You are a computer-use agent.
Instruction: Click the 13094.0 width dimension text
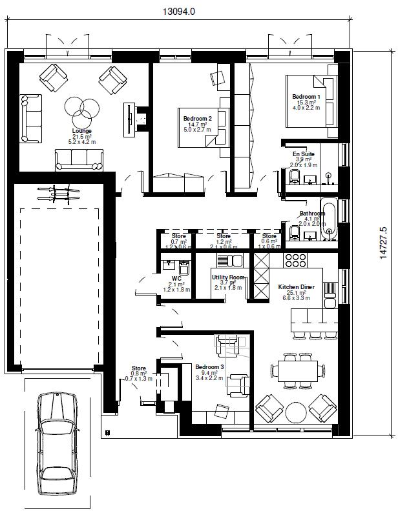(x=178, y=11)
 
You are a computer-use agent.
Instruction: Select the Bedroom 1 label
(x=303, y=96)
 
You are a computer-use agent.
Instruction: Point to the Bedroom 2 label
(x=197, y=119)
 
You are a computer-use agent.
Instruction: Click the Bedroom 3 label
(x=209, y=367)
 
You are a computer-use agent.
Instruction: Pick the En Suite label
(x=303, y=154)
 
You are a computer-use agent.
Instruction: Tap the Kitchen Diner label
(x=296, y=287)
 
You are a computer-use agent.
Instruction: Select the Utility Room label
(x=227, y=277)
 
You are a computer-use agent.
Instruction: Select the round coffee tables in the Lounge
(x=81, y=110)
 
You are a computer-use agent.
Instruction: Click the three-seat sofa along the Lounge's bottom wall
(x=79, y=159)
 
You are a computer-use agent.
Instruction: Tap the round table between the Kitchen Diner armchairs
(x=297, y=411)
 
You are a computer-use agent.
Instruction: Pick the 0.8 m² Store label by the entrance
(x=139, y=369)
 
